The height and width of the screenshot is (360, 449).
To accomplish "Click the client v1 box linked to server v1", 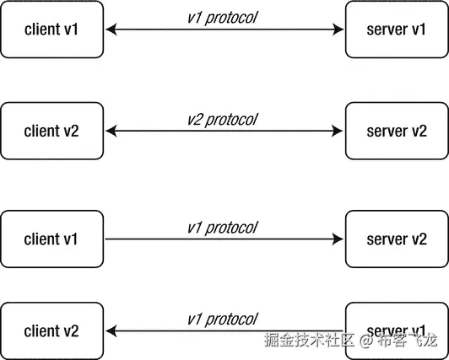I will click(x=51, y=30).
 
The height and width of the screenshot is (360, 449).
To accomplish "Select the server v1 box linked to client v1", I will click(x=396, y=30).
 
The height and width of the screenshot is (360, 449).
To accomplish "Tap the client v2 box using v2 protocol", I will click(x=51, y=131).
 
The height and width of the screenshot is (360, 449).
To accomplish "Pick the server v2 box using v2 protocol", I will click(x=396, y=131).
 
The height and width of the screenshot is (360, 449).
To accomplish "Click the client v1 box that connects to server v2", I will click(x=51, y=239).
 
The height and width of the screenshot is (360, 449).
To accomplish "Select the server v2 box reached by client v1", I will click(x=396, y=239).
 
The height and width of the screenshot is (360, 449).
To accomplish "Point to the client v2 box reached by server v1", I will click(x=51, y=330).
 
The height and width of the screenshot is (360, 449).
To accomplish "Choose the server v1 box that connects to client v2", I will click(x=396, y=330).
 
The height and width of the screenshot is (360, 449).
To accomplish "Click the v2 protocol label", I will click(x=222, y=118).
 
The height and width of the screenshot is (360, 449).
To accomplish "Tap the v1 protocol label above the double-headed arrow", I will click(x=222, y=18).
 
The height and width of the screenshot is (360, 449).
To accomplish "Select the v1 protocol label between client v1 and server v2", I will click(x=222, y=228).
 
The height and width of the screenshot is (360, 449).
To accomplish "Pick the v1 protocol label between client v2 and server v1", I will click(x=222, y=319).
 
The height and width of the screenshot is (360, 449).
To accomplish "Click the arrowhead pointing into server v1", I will click(x=339, y=30).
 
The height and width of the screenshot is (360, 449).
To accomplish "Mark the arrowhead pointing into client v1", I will click(x=111, y=30).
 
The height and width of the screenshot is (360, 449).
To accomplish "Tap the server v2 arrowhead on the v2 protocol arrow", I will click(x=339, y=131).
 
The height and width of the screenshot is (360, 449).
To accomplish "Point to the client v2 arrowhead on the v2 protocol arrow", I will click(x=111, y=131).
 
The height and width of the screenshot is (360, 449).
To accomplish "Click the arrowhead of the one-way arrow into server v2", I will click(x=339, y=240).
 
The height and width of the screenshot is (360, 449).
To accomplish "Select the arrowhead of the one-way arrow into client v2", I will click(x=111, y=331).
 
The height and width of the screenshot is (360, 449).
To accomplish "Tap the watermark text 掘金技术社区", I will click(x=308, y=341).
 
